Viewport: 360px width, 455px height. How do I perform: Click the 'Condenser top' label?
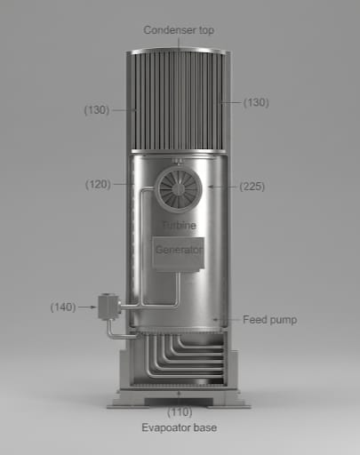(x=179, y=30)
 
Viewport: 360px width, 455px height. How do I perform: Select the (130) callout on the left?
(x=96, y=110)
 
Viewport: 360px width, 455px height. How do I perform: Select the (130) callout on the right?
(x=257, y=103)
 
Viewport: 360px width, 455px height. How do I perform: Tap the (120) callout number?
(x=97, y=184)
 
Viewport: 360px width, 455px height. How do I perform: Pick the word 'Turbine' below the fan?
(x=180, y=227)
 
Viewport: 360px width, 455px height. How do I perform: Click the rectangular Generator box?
(x=180, y=251)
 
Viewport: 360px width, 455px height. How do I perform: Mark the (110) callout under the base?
(x=180, y=413)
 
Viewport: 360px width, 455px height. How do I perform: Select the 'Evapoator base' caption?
(x=180, y=428)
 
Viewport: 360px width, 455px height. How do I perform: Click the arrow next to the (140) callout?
(x=87, y=307)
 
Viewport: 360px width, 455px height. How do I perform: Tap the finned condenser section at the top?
(x=180, y=98)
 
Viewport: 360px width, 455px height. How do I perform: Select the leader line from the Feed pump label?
(x=229, y=319)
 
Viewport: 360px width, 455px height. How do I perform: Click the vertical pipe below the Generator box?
(x=178, y=289)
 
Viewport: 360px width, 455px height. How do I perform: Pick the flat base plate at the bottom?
(x=180, y=403)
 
